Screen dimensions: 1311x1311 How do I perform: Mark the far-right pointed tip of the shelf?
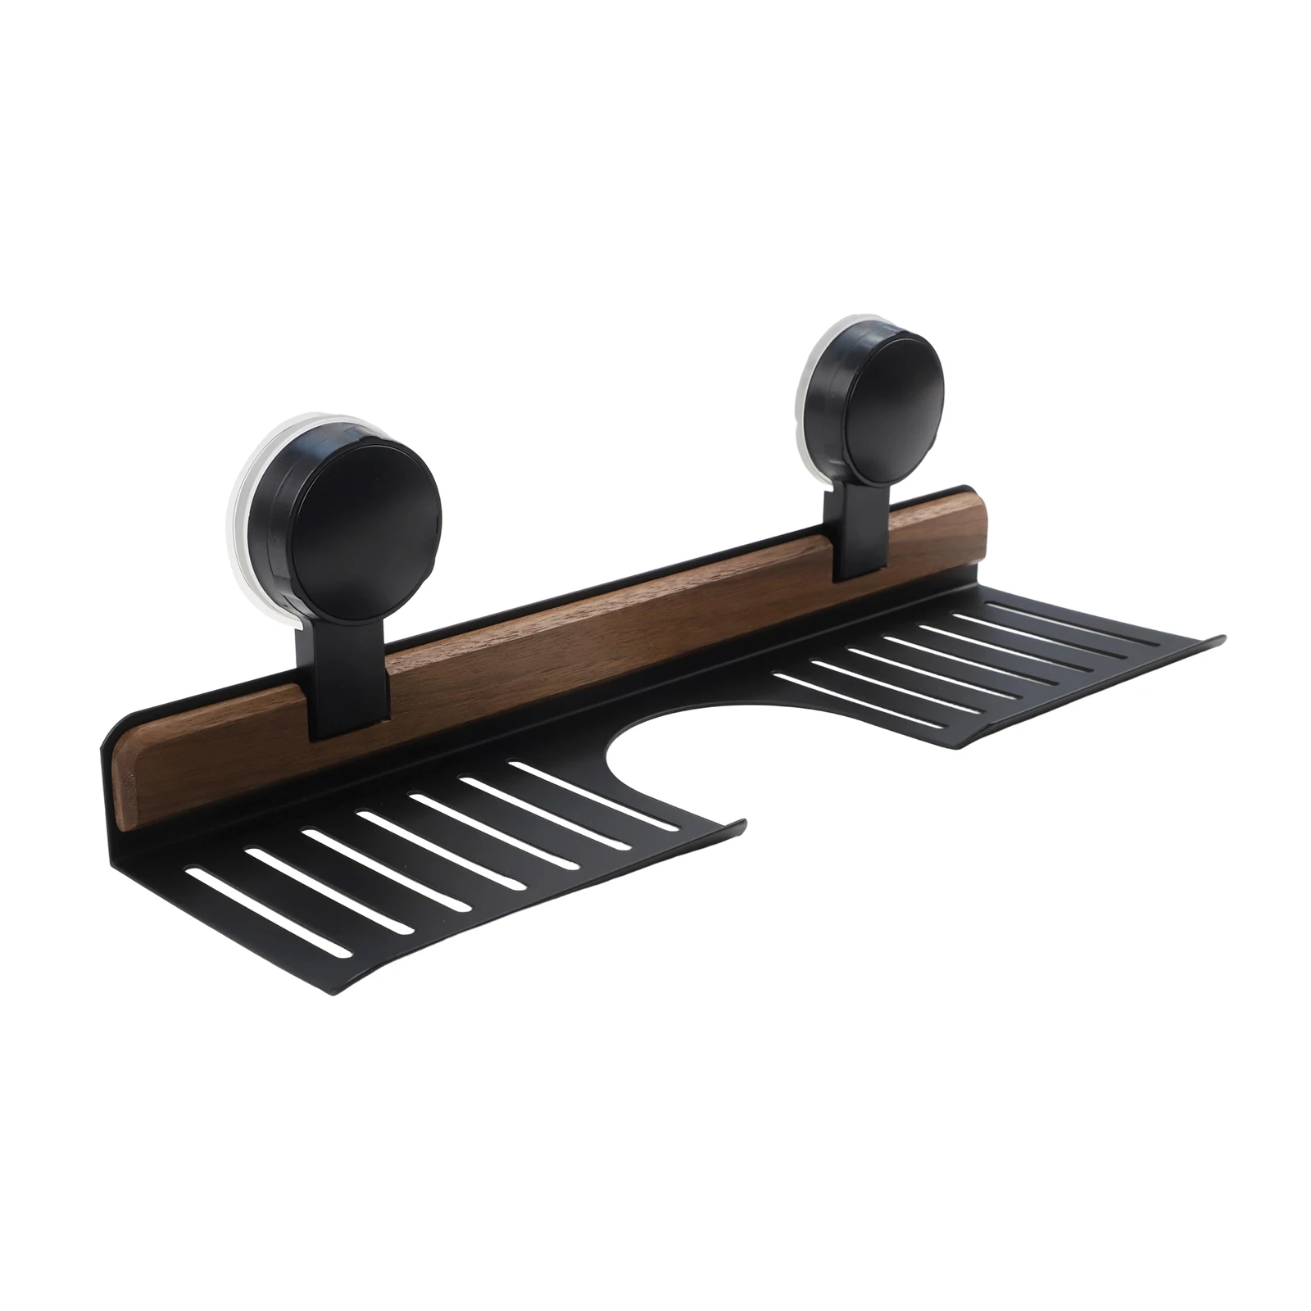coord(1223,637)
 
